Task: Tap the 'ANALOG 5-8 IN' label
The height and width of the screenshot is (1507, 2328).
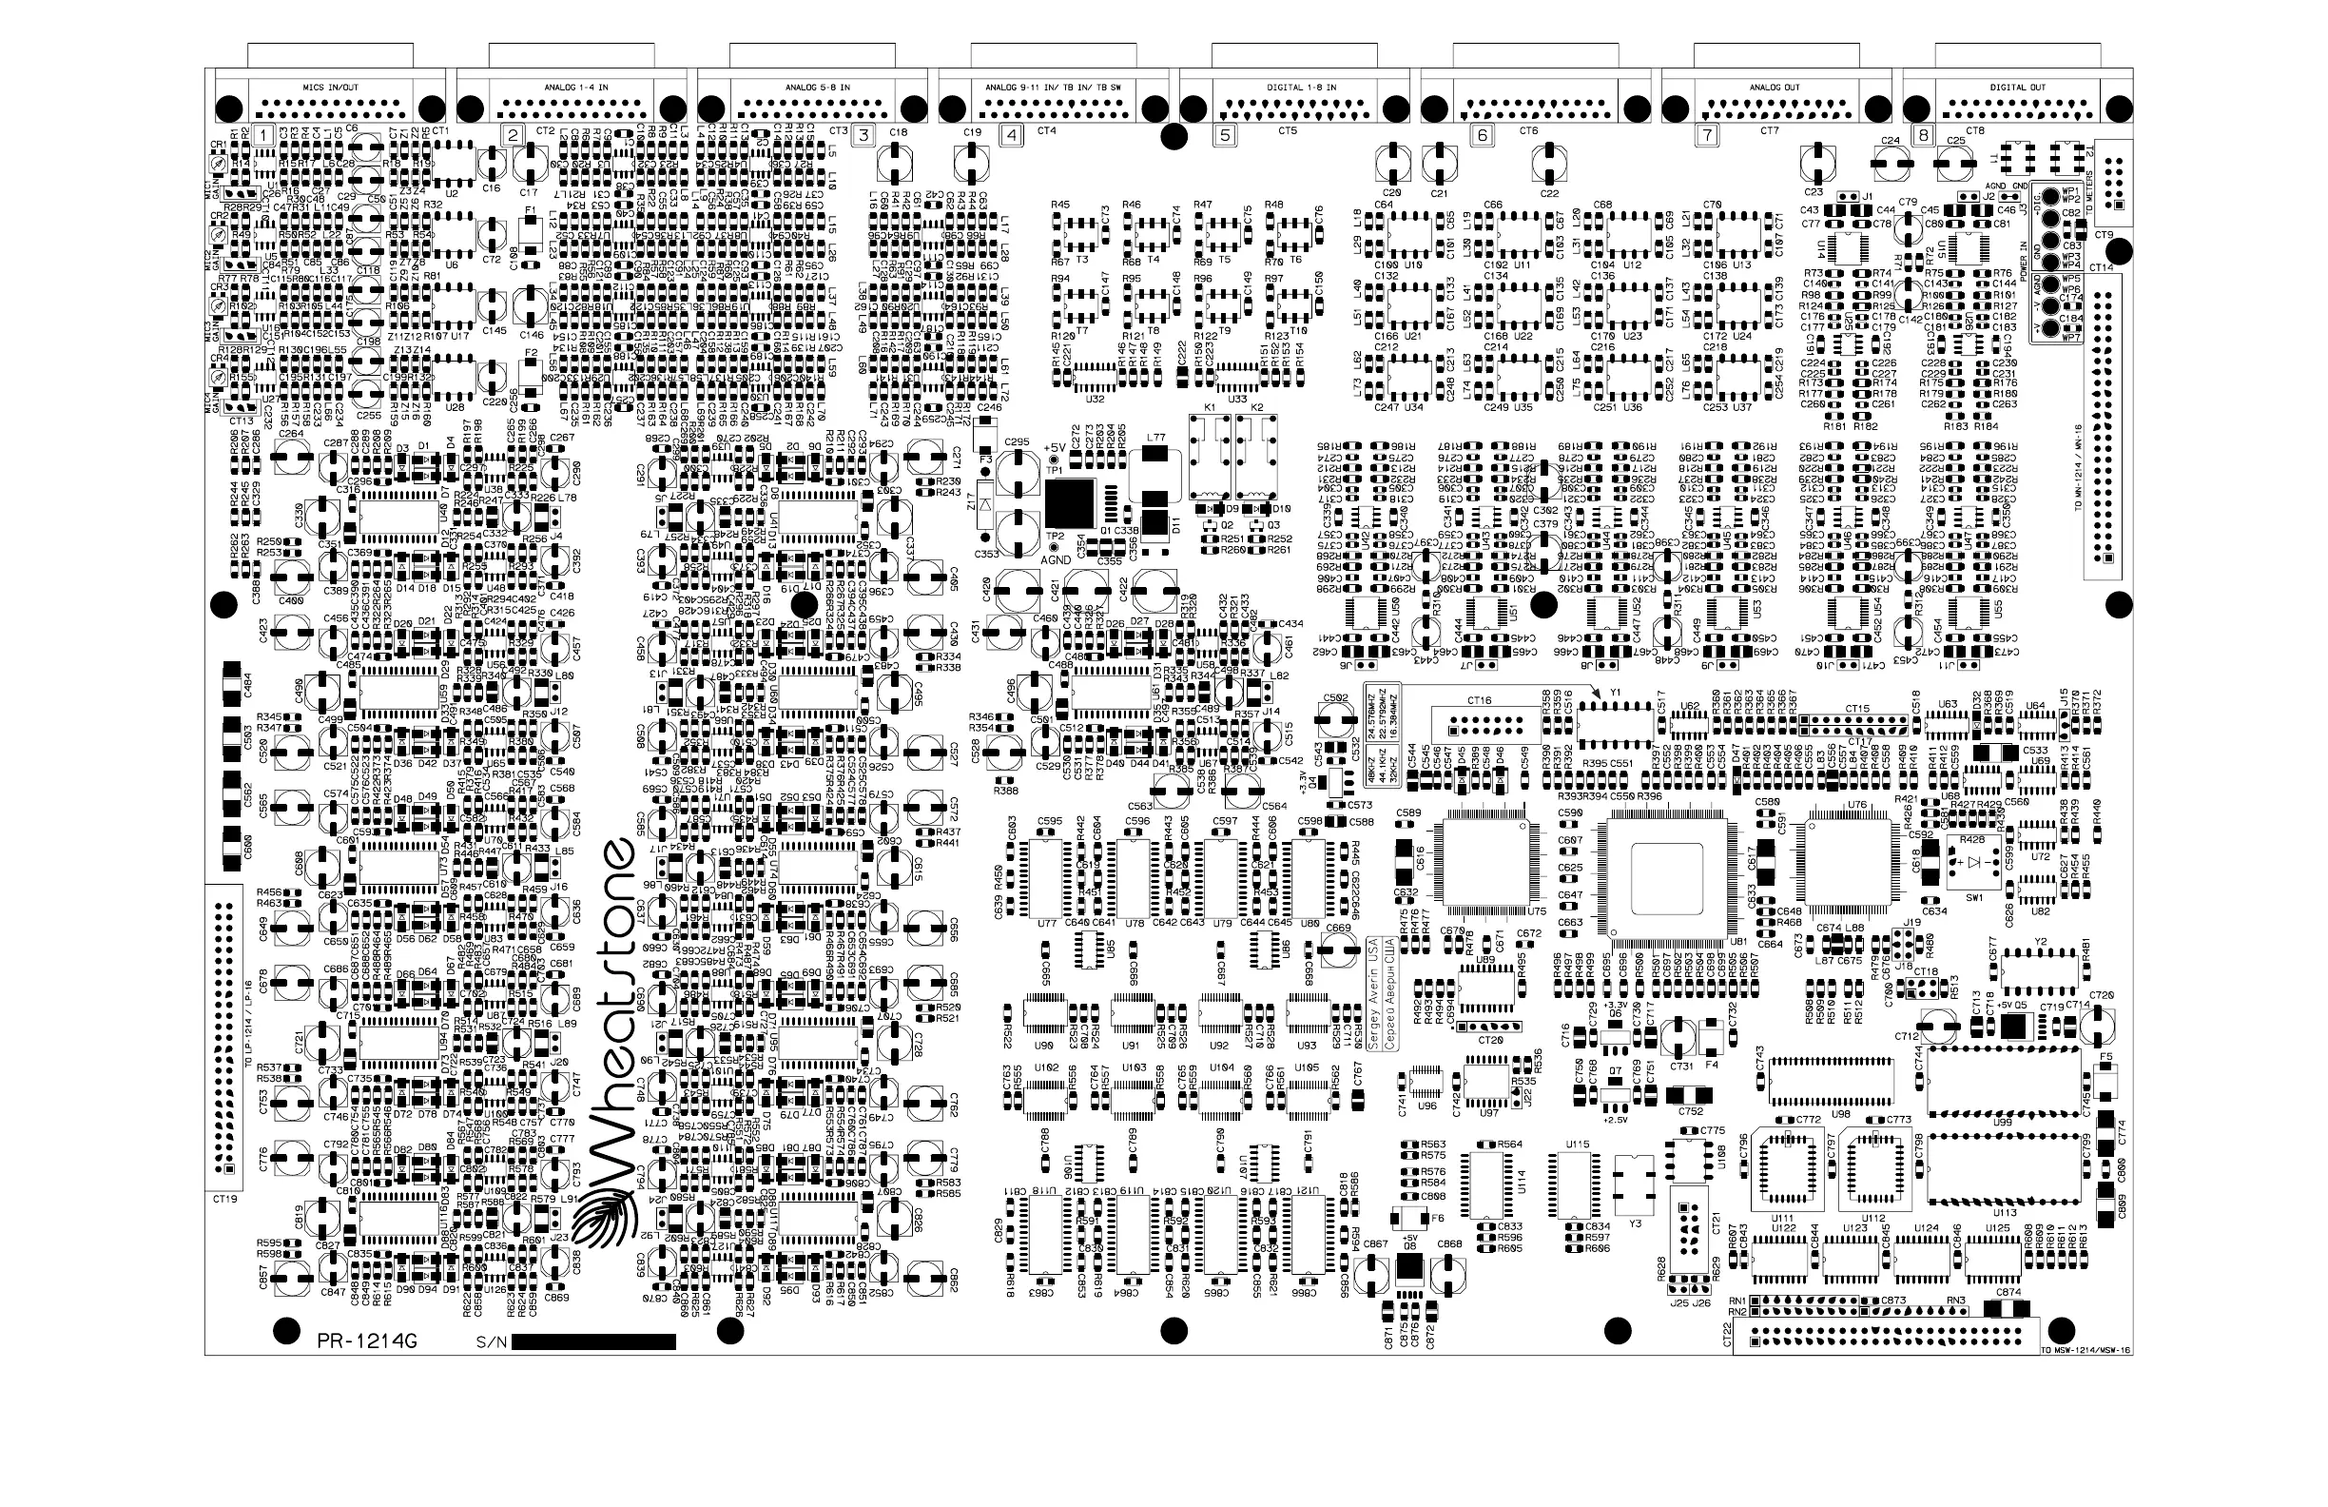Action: pos(818,88)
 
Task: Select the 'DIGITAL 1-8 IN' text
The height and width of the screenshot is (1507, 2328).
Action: pos(1302,88)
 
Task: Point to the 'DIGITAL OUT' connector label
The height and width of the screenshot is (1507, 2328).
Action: pos(2017,88)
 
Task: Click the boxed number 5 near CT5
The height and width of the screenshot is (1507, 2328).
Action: pos(1226,136)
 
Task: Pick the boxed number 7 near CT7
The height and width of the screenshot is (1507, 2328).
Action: pos(1707,136)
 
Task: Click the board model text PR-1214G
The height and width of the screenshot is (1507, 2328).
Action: pos(367,1341)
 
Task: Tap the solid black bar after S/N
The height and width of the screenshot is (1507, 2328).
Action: pos(592,1341)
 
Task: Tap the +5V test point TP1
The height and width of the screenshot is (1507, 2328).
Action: pos(1055,459)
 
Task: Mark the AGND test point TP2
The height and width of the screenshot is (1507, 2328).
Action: pos(1055,548)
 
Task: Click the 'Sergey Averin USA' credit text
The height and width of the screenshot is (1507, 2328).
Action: pos(1374,993)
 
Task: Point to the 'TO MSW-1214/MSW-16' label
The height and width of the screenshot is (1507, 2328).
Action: pos(2085,1350)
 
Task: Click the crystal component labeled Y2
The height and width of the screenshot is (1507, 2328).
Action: pos(2040,969)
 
